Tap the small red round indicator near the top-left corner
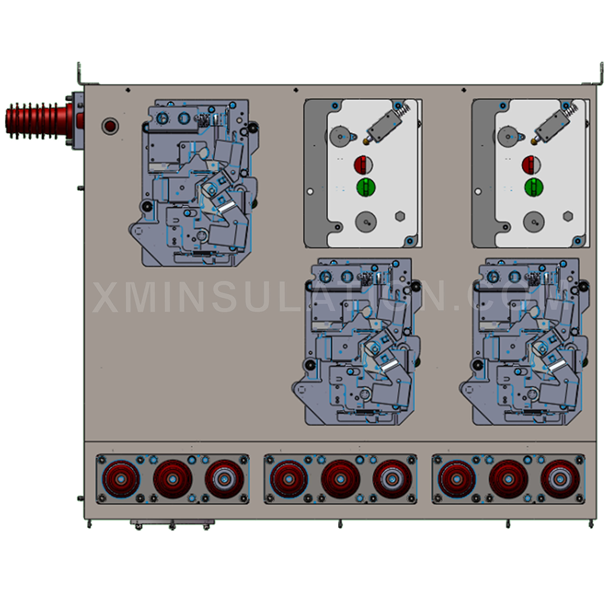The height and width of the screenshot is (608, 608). pyautogui.click(x=110, y=126)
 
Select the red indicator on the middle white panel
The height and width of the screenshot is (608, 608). pyautogui.click(x=364, y=165)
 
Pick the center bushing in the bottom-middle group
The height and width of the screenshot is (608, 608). pyautogui.click(x=340, y=479)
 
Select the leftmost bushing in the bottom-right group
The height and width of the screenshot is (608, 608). pyautogui.click(x=457, y=478)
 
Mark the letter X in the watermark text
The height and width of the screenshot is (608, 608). pyautogui.click(x=107, y=297)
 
